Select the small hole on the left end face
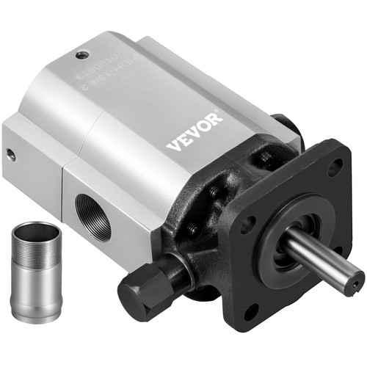[x=11, y=155]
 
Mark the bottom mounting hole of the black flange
[x=251, y=313]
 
